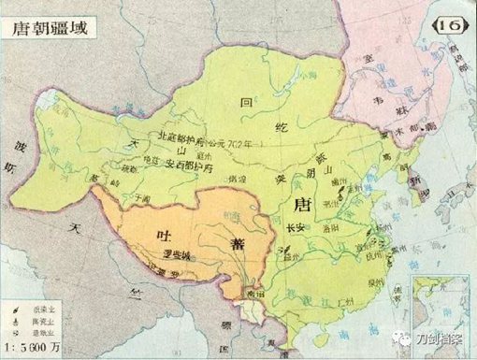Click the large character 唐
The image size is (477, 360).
click(x=301, y=204)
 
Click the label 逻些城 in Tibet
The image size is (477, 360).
click(x=161, y=254)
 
